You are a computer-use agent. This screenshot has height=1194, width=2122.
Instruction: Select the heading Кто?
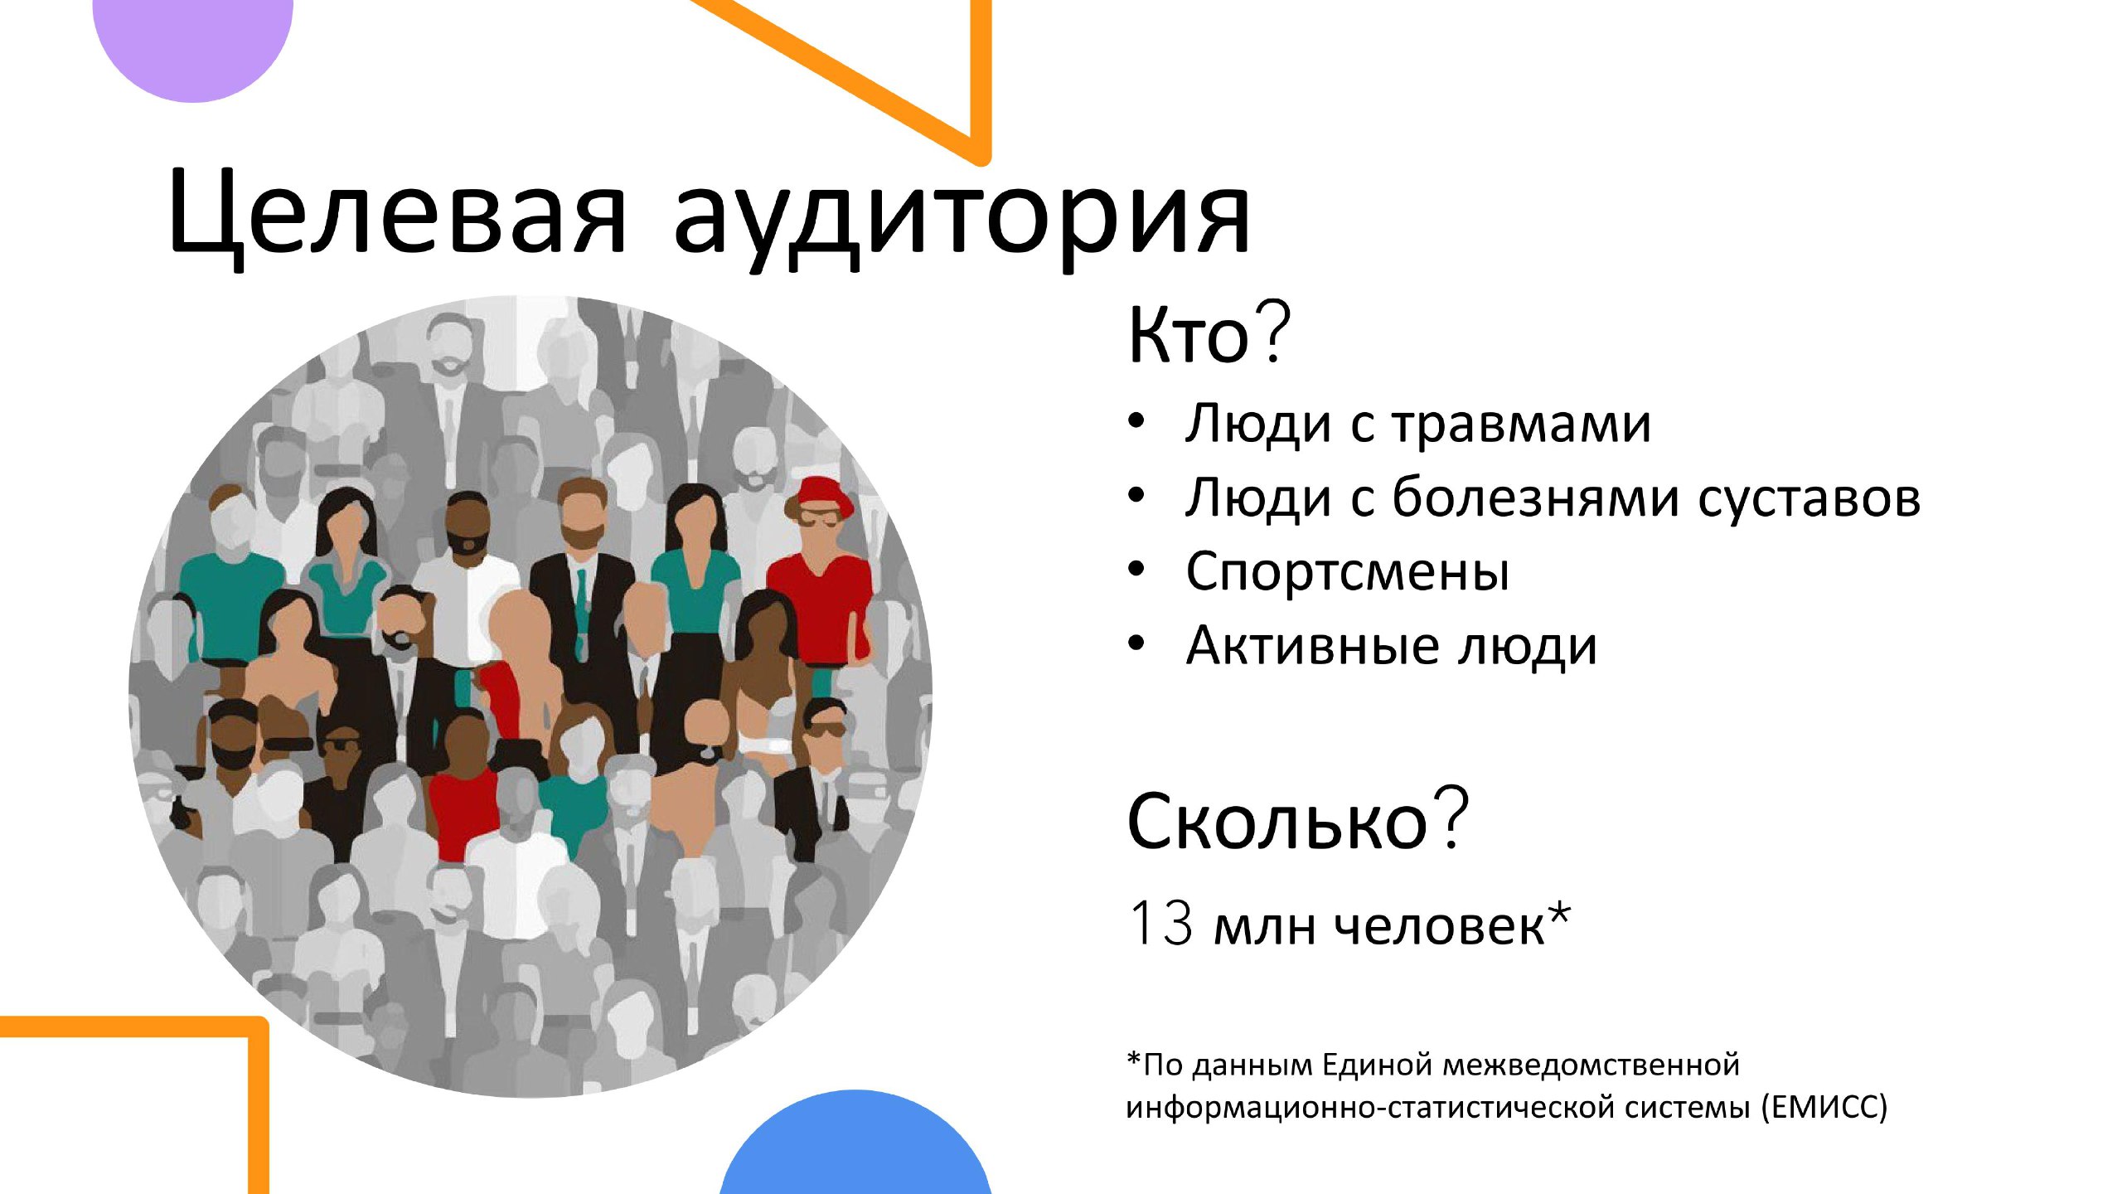pos(1209,333)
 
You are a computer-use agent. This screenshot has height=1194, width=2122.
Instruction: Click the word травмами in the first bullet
pos(1521,425)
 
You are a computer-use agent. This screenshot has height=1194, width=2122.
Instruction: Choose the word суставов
pos(1809,499)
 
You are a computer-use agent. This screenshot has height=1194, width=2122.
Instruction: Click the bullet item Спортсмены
pos(1348,572)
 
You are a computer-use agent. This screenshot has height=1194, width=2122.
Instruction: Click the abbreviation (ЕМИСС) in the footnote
pos(1824,1107)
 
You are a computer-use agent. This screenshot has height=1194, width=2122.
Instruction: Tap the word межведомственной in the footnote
pos(1591,1064)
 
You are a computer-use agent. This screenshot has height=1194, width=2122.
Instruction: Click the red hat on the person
pos(819,494)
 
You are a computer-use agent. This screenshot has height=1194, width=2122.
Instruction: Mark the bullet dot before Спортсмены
pos(1136,570)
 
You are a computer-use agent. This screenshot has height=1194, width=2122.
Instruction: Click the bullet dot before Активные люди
pos(1136,643)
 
